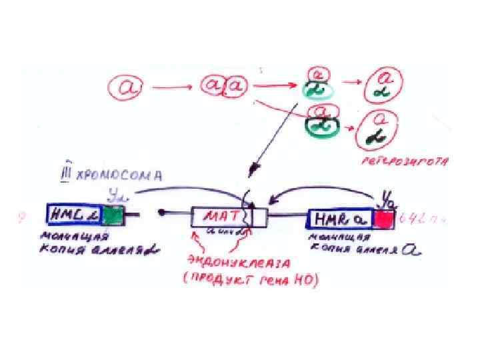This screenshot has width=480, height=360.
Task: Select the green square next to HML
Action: [x=114, y=215]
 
